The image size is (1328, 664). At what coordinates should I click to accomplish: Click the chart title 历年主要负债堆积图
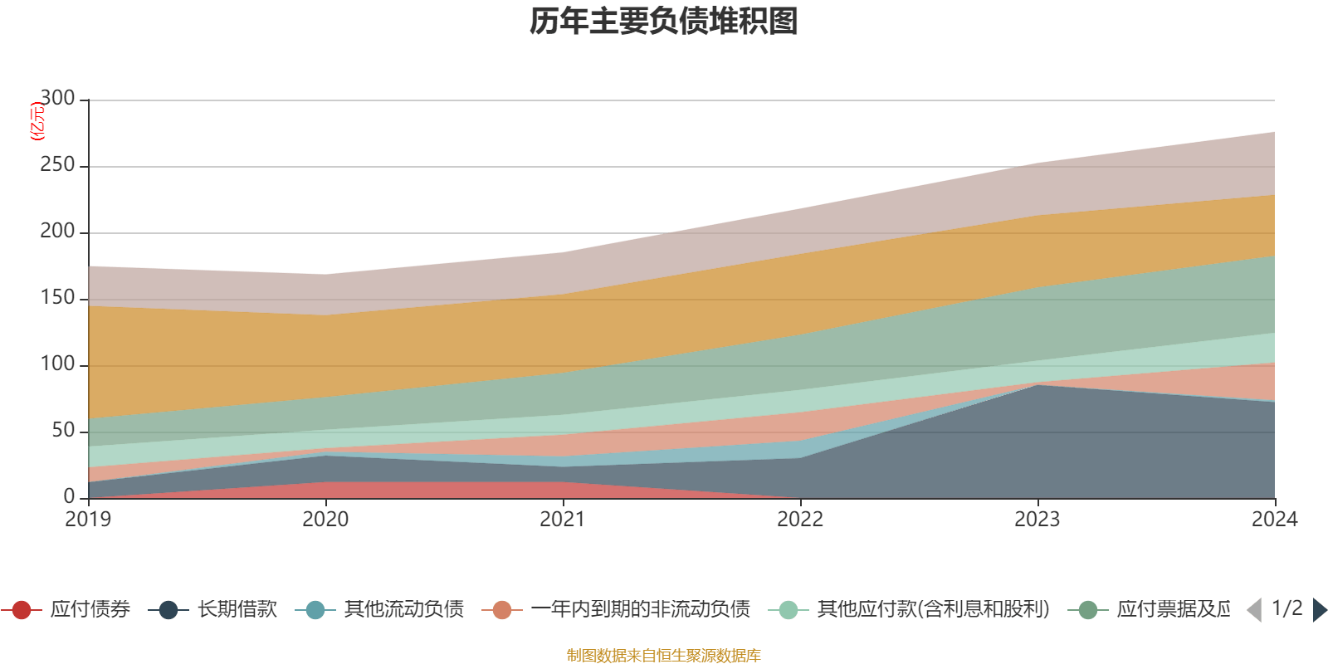tap(664, 22)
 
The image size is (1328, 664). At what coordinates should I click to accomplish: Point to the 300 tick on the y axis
tap(57, 99)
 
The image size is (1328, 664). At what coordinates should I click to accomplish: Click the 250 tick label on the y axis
tap(57, 165)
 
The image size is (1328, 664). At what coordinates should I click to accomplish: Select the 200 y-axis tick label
tap(57, 232)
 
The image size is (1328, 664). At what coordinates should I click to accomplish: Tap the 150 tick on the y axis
tap(57, 298)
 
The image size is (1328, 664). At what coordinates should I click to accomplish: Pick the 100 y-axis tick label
tap(57, 364)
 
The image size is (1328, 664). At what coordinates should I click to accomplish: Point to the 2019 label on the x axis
tap(88, 520)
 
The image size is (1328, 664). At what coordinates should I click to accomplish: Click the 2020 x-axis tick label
tap(325, 520)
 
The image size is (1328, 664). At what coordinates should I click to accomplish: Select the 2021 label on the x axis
tap(563, 520)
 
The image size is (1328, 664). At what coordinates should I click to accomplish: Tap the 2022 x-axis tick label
tap(800, 520)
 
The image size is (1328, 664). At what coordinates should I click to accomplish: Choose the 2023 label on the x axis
tap(1037, 520)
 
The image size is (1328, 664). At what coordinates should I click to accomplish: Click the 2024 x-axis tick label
tap(1274, 520)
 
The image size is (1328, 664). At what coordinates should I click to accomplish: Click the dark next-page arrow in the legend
tap(1320, 610)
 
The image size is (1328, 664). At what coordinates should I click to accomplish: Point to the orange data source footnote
tap(664, 656)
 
